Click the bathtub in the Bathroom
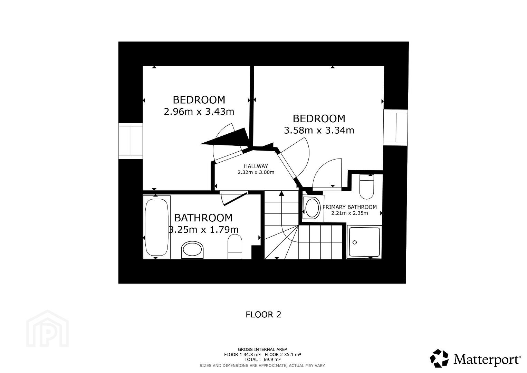[x=156, y=227]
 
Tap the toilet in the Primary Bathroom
[x=366, y=187]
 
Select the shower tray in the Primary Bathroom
[x=364, y=242]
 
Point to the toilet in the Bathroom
[x=235, y=246]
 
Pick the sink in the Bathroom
[x=192, y=249]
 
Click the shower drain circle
[x=355, y=242]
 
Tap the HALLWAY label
[x=256, y=166]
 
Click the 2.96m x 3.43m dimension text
[x=199, y=112]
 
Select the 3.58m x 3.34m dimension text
[x=319, y=130]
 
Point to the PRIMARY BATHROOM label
[x=349, y=207]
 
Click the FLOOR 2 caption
[x=263, y=315]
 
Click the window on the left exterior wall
[x=130, y=141]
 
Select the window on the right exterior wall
[x=395, y=127]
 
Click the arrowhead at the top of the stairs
[x=281, y=193]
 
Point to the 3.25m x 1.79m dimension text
[x=203, y=229]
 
